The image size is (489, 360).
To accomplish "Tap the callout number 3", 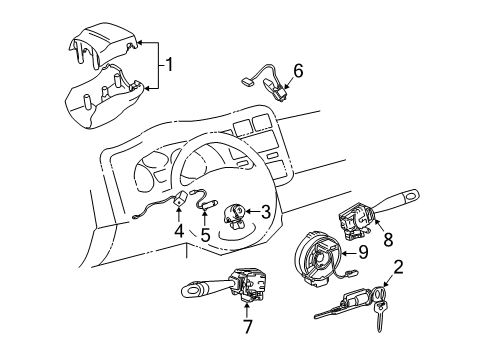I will (266, 211).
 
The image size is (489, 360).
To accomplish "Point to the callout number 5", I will (205, 236).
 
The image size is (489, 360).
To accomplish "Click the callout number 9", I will (363, 253).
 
